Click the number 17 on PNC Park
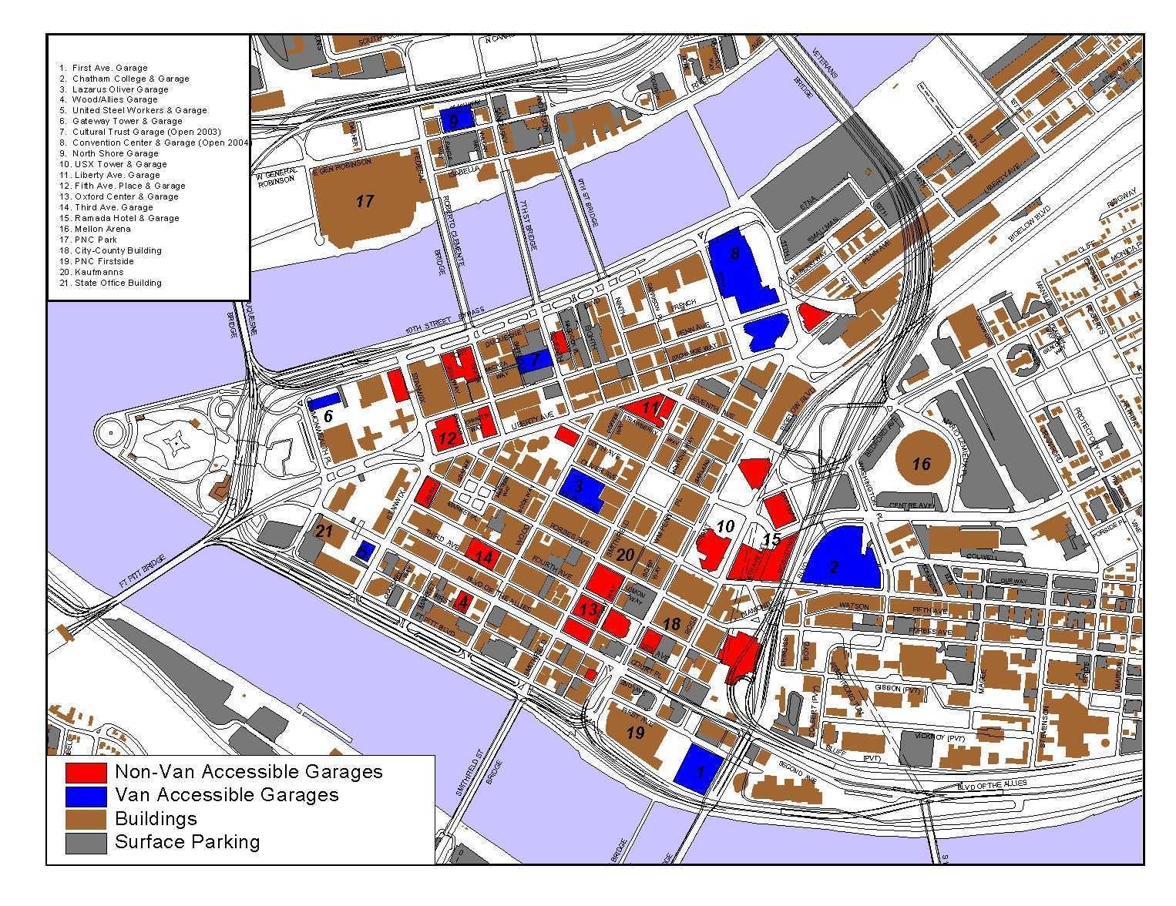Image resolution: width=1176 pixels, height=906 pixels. (x=365, y=202)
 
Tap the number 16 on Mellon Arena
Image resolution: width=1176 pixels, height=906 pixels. (x=921, y=464)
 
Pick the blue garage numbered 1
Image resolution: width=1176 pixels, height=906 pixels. (x=700, y=770)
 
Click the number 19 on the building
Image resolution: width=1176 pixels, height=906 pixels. (x=635, y=733)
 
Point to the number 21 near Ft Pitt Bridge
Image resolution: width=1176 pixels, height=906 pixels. (x=324, y=531)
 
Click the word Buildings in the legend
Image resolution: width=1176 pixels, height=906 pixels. (x=156, y=818)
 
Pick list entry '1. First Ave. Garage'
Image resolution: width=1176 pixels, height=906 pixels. (x=103, y=68)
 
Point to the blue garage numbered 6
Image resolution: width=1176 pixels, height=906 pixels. (x=324, y=401)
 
